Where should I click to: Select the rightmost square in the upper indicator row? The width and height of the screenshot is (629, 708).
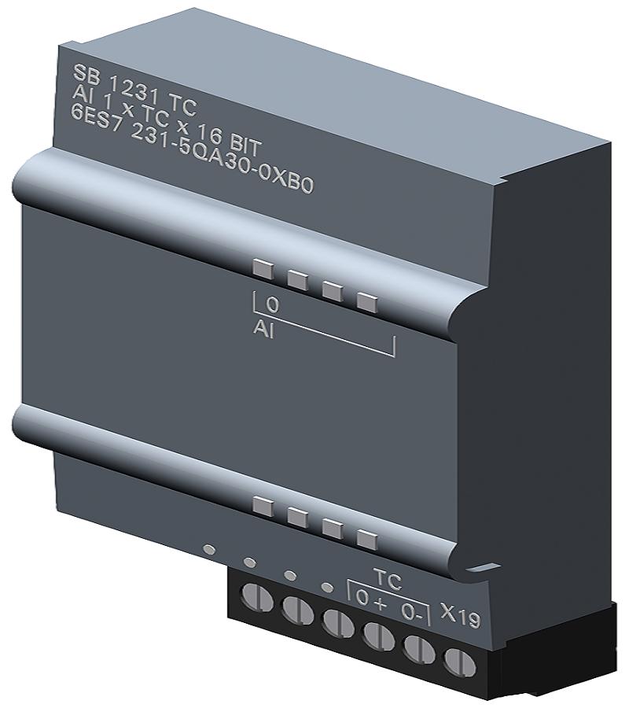367,301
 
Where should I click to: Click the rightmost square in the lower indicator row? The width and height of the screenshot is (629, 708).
367,539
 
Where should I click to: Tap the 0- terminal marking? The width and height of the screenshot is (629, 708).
414,612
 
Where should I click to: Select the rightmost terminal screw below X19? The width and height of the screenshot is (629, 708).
455,661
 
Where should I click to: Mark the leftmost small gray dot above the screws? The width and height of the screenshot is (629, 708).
208,548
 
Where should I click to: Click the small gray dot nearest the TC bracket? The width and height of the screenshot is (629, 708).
327,586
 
